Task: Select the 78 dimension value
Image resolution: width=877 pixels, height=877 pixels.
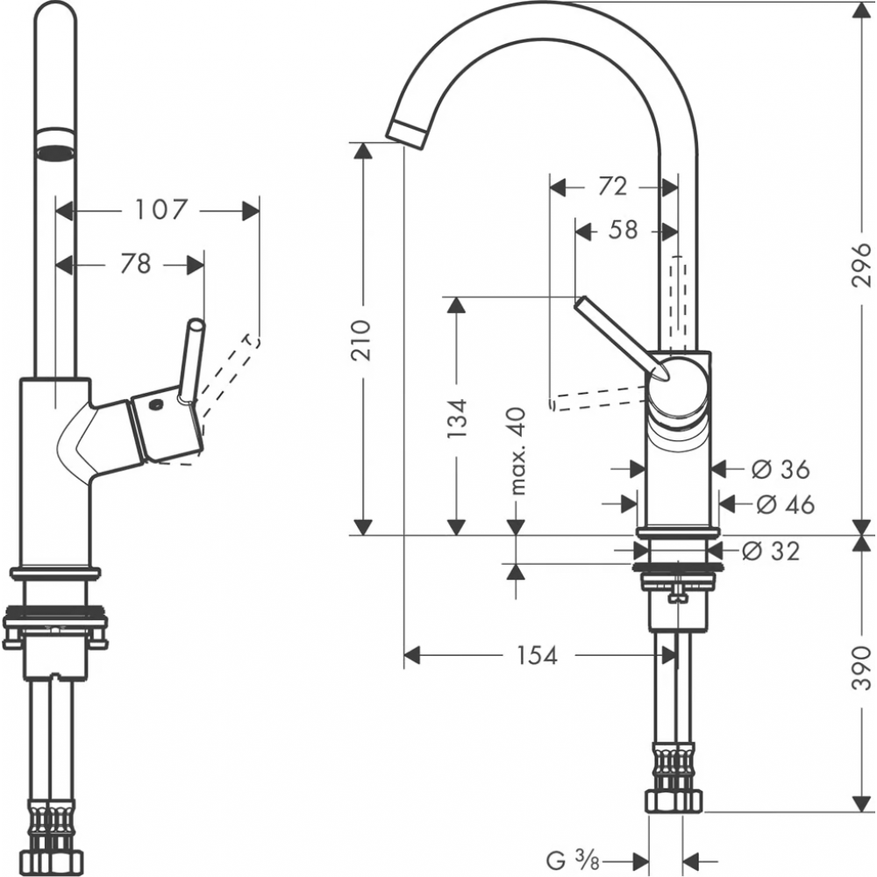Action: click(134, 263)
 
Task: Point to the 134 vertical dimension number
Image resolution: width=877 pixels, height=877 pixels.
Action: click(455, 418)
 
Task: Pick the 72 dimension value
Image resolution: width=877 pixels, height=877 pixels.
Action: click(613, 186)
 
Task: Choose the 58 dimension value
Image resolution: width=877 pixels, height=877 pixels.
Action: click(622, 231)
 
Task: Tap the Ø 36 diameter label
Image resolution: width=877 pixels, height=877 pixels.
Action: click(781, 469)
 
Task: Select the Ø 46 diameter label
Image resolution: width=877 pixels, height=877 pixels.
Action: click(784, 504)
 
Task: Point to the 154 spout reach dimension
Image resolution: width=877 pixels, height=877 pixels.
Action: click(537, 655)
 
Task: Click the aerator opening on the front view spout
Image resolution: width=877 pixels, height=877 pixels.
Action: click(54, 149)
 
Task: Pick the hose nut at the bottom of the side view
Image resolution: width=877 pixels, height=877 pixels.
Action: click(674, 800)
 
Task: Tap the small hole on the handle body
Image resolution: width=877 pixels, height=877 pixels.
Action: click(155, 406)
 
